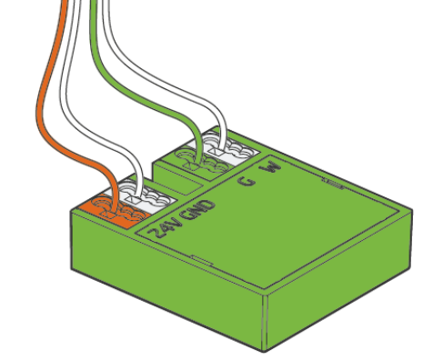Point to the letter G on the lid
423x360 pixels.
click(247, 181)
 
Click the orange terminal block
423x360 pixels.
click(116, 212)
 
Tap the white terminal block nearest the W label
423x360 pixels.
click(229, 148)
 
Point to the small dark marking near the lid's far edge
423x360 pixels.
click(333, 184)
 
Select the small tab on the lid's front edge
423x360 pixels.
click(202, 260)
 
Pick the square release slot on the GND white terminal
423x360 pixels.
click(134, 199)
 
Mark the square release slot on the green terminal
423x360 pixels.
click(192, 165)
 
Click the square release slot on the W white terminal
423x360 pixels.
click(217, 151)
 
